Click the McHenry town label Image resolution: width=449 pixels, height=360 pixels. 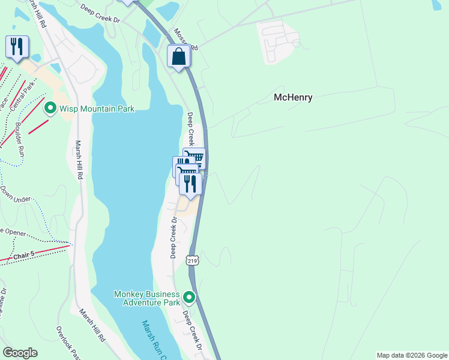293,97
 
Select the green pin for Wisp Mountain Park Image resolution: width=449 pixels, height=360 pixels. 50,109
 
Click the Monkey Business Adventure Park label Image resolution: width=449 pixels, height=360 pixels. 147,298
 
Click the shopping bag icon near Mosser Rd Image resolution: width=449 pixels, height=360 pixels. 179,56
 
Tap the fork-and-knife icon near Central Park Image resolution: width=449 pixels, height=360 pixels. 16,46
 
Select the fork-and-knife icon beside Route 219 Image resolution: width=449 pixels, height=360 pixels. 190,183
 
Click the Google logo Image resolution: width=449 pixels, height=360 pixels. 20,353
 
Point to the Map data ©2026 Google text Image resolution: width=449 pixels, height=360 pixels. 412,355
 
